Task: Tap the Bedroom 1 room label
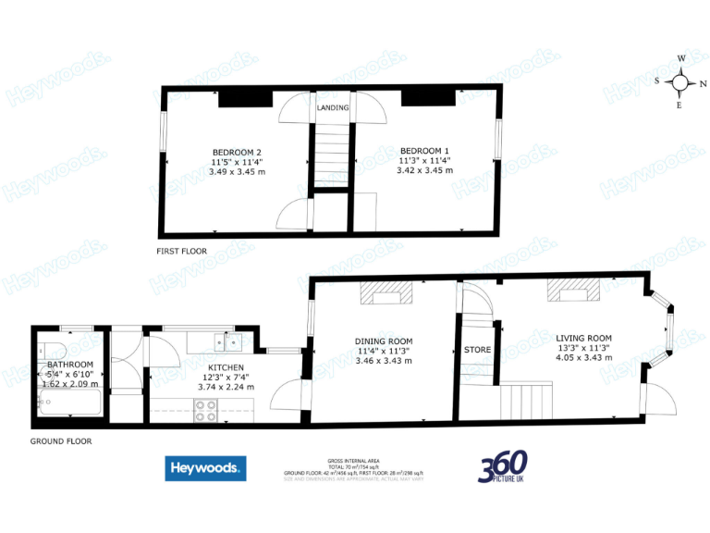pos(424,151)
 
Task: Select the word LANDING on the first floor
pos(333,108)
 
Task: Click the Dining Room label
pos(384,341)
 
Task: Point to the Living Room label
pos(584,338)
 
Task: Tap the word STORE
pos(477,350)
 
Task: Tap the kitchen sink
pos(227,342)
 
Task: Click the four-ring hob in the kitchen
pos(206,411)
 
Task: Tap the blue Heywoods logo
pos(205,469)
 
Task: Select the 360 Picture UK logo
pos(503,467)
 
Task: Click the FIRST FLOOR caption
pos(181,251)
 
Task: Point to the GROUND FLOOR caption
pos(61,441)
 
